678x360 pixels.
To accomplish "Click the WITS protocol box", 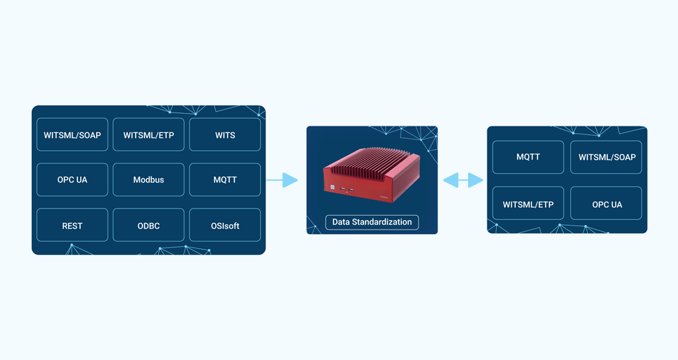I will coord(224,135).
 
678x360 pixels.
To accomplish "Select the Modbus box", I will coord(148,180).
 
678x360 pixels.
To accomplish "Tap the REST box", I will coord(72,226).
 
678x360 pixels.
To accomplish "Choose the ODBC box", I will coord(148,226).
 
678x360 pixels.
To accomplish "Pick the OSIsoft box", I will coord(224,226).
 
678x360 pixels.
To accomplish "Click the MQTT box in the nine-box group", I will coord(224,180).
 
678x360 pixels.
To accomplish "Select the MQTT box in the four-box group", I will coord(528,157).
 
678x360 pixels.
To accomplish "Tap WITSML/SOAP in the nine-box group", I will coord(72,135).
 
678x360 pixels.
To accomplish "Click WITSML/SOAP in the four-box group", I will coord(606,157).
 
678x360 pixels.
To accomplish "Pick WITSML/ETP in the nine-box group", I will coord(148,135).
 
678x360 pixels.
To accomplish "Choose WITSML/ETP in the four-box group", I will coord(528,204).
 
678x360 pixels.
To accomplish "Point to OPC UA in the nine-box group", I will coord(72,180).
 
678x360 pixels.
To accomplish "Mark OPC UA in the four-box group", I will coord(606,204).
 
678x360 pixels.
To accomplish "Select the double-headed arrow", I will coord(463,180).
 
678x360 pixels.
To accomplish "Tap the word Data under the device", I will coord(341,222).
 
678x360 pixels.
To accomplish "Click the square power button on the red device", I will coord(333,187).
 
